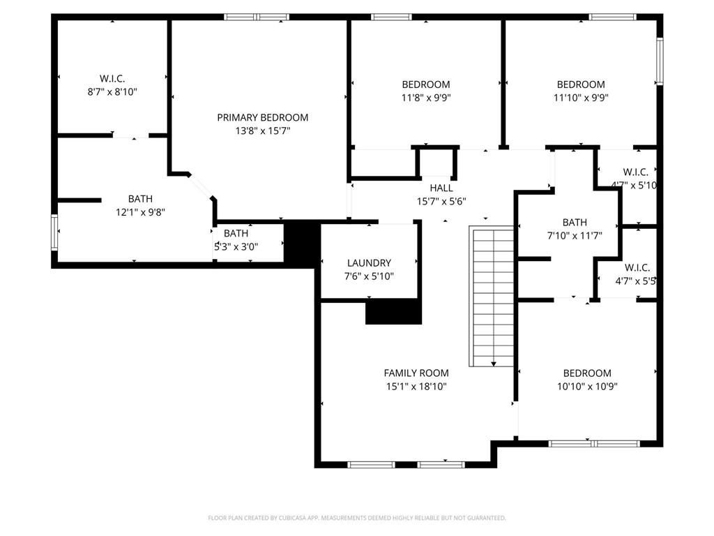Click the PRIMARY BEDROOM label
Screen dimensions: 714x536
[262, 117]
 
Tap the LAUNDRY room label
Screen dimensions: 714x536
[369, 263]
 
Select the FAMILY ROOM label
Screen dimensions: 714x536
[416, 373]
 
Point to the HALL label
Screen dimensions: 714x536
[441, 188]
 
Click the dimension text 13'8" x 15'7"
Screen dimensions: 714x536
[263, 131]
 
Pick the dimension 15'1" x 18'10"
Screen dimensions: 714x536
[416, 387]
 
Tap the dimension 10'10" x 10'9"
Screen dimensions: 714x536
[587, 387]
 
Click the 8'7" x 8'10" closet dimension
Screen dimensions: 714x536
[112, 92]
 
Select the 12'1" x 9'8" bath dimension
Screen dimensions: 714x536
[140, 212]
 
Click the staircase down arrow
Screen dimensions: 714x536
[494, 363]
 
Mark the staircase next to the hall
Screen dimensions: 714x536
[492, 296]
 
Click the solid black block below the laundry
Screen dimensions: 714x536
[394, 312]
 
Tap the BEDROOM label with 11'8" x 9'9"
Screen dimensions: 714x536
[426, 84]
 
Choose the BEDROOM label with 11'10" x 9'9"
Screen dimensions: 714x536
[581, 84]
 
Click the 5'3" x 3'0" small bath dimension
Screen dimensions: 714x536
[236, 247]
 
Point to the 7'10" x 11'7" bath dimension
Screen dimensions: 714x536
[575, 236]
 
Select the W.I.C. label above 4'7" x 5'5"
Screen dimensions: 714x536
[637, 267]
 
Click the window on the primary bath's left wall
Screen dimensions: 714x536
[54, 232]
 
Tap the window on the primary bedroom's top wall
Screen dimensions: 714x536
[257, 17]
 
